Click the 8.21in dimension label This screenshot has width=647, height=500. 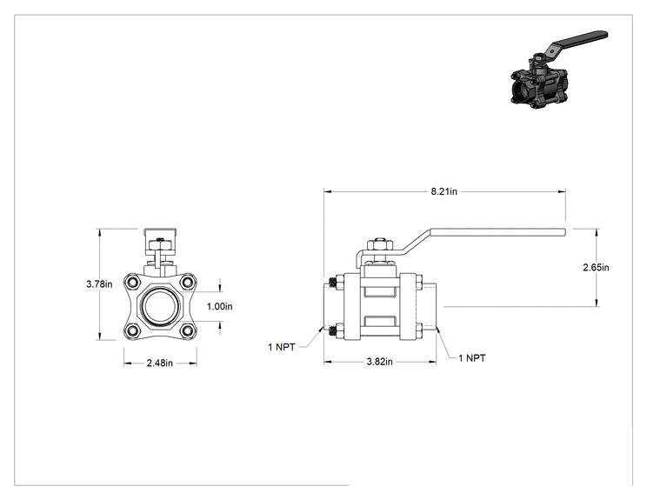tap(444, 191)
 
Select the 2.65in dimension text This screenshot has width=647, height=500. tap(596, 267)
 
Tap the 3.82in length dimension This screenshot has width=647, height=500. tap(380, 362)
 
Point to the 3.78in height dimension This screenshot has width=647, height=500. tap(99, 283)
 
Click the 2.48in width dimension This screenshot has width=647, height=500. tap(160, 363)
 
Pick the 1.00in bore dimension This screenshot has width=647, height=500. tap(219, 306)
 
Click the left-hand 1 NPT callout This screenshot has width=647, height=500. tap(282, 347)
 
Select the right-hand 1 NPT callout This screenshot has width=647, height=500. tap(472, 358)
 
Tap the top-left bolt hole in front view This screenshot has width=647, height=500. tap(133, 283)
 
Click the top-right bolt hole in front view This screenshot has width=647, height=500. tap(187, 283)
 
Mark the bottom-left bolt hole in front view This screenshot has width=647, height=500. tap(133, 330)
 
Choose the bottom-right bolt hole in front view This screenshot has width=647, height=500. tap(187, 330)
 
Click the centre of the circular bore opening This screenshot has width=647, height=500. tap(160, 306)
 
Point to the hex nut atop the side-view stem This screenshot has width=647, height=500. tap(379, 246)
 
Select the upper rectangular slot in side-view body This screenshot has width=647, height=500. tap(380, 291)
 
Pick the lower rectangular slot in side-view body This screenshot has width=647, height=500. tap(380, 322)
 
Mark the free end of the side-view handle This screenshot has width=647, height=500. tap(564, 232)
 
